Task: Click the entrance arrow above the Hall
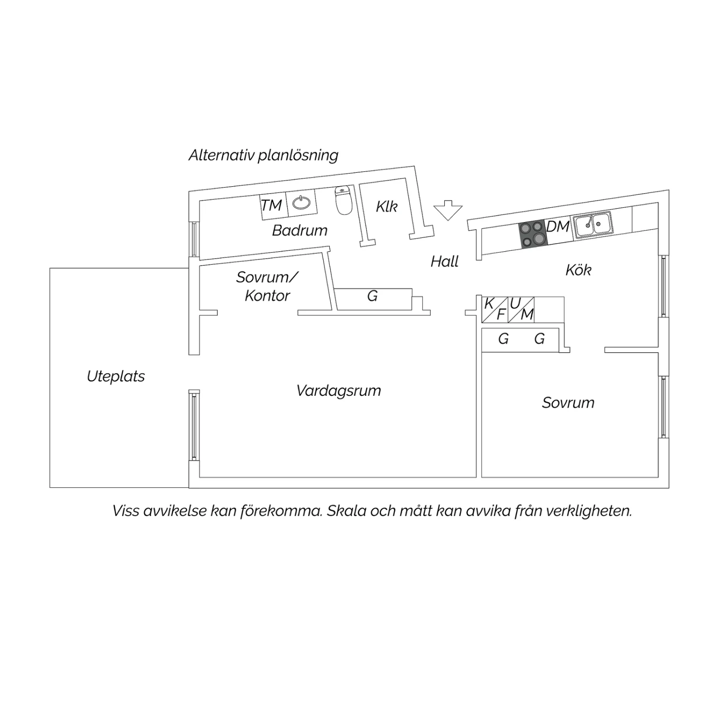pos(448,210)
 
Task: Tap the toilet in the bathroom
pos(344,201)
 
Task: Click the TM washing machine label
pos(271,205)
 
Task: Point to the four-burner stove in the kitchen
pos(533,234)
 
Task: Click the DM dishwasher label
pos(558,226)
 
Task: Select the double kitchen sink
pos(593,224)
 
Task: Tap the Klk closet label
pos(387,206)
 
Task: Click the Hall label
pos(445,261)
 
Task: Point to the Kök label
pos(578,270)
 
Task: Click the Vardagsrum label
pos(338,391)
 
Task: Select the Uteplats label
pos(116,376)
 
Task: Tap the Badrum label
pos(300,230)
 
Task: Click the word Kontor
pos(267,296)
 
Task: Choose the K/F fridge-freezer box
pos(494,309)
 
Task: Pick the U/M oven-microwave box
pos(521,309)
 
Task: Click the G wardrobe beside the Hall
pos(373,297)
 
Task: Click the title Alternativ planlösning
pos(263,155)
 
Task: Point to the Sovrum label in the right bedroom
pos(568,403)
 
